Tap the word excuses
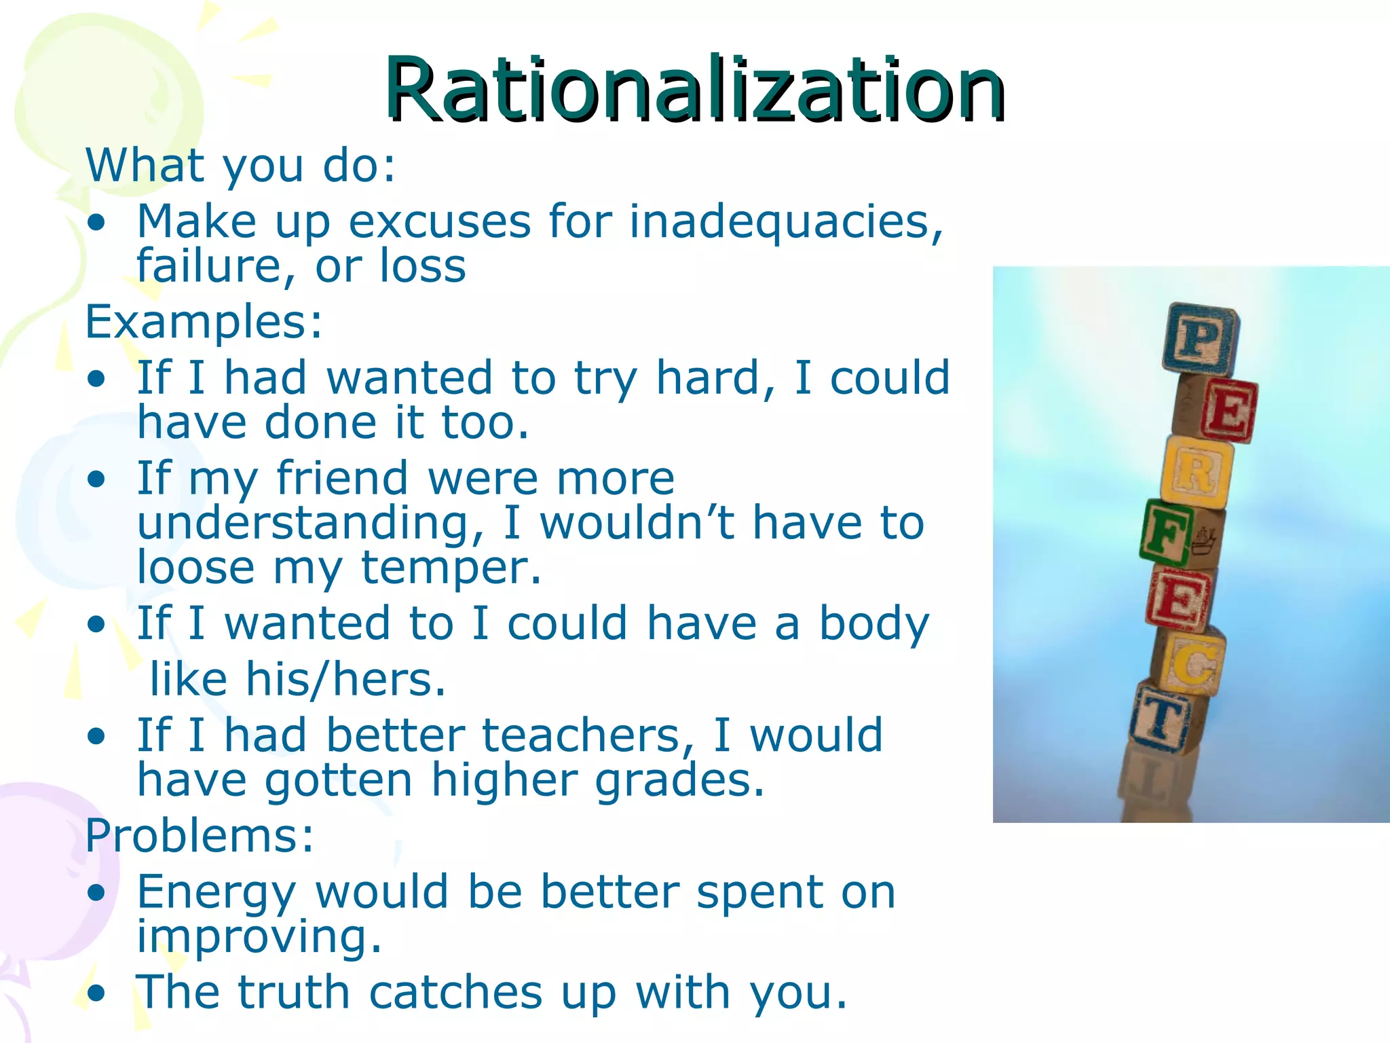[439, 222]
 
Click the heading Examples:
[204, 321]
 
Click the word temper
[451, 568]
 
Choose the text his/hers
[345, 679]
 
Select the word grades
[679, 780]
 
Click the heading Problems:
[200, 835]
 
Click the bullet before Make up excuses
[97, 223]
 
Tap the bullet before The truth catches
[97, 993]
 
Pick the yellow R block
[1197, 472]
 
